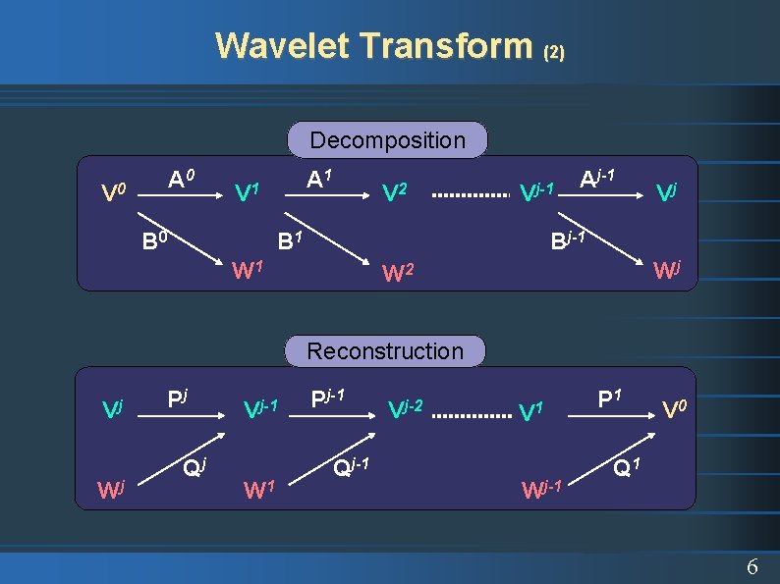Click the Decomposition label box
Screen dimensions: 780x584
click(387, 140)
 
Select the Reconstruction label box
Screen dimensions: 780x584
click(385, 351)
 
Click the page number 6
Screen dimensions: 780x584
click(752, 566)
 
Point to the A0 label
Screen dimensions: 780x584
click(181, 180)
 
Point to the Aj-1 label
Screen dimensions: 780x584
click(597, 179)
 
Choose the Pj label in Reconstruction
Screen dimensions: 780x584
click(178, 399)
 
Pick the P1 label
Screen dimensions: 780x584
click(611, 399)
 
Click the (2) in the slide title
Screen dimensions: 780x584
click(554, 51)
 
